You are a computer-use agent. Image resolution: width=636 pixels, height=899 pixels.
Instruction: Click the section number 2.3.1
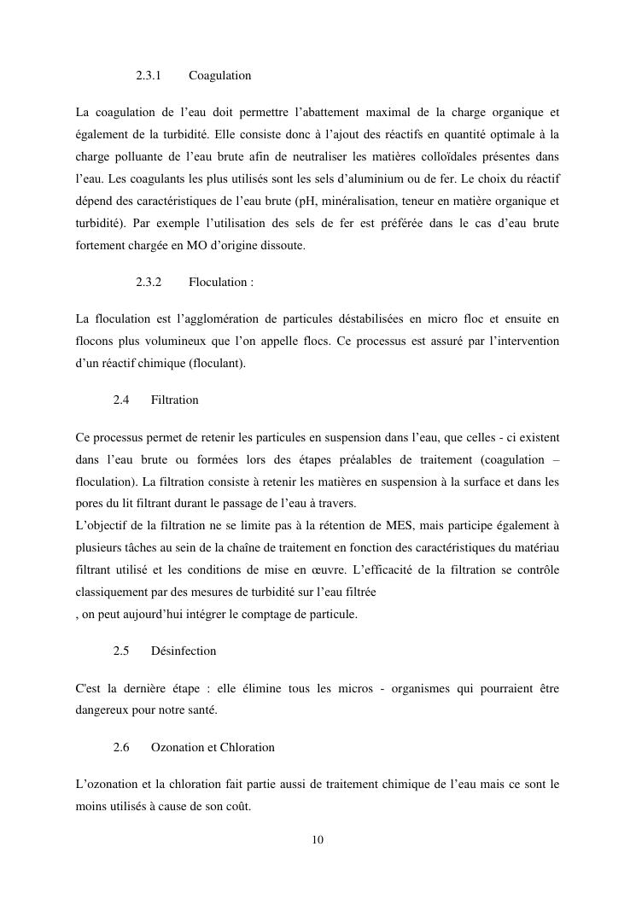tap(149, 76)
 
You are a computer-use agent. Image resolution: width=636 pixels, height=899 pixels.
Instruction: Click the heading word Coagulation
tap(219, 76)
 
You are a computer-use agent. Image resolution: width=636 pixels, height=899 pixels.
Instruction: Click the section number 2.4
tap(120, 400)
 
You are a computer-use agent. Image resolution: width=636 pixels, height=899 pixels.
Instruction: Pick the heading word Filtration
tap(174, 400)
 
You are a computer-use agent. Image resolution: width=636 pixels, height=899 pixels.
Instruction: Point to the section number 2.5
tap(120, 651)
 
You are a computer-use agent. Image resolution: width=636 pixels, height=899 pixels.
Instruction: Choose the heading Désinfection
tap(183, 651)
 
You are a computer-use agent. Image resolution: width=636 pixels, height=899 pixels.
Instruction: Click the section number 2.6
tap(120, 747)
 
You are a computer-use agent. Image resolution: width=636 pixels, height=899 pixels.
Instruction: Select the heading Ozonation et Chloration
tap(213, 747)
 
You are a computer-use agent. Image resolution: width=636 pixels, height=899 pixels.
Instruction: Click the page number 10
tap(318, 839)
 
